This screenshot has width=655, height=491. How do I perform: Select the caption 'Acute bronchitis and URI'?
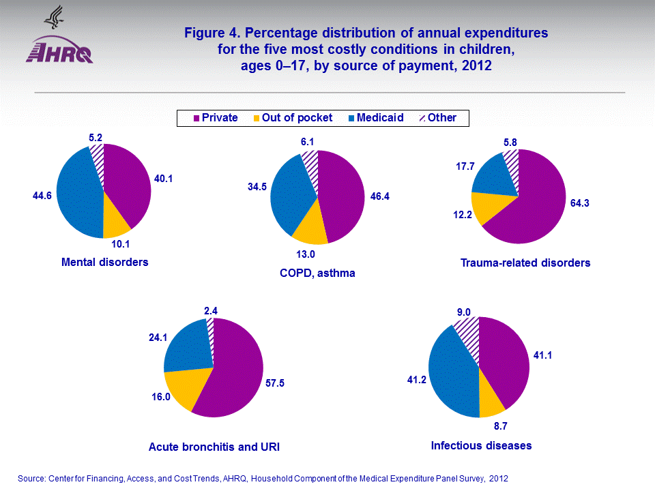[214, 447]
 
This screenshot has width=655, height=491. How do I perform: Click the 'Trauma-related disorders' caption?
[525, 263]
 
